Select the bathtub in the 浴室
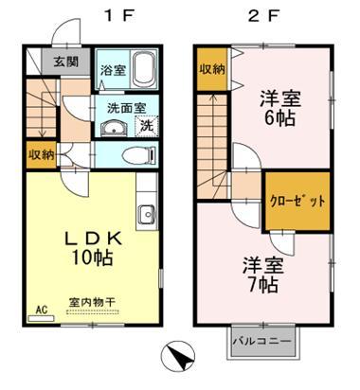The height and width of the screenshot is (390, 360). click(145, 69)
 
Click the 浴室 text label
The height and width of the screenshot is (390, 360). click(114, 69)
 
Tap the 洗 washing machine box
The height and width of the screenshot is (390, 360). click(148, 125)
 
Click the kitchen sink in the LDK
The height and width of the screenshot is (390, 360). click(147, 215)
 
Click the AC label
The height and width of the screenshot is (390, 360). click(41, 309)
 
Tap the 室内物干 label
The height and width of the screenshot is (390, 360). click(91, 303)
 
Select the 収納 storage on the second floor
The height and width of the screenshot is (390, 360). click(212, 68)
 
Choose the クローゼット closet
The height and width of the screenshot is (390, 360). click(296, 202)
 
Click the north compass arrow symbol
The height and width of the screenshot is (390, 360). click(178, 358)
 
